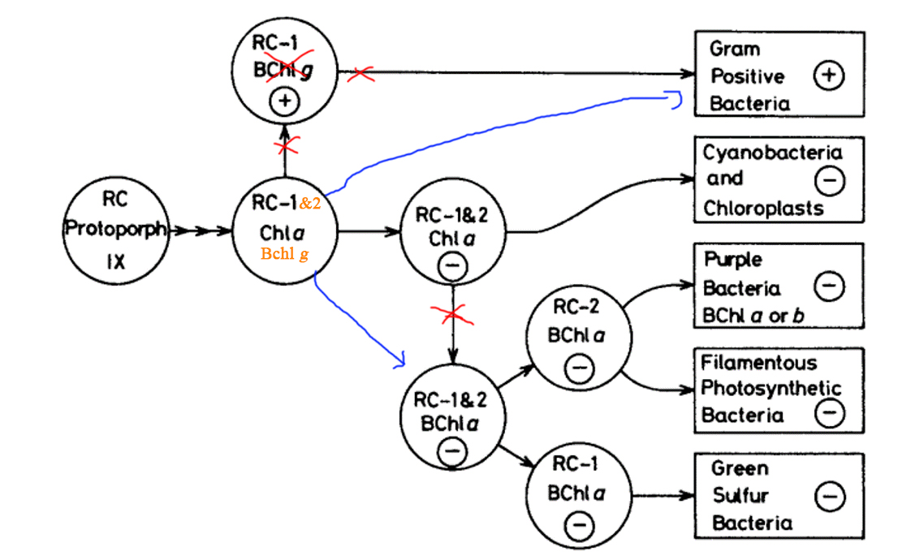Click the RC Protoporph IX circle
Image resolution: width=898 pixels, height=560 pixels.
115,230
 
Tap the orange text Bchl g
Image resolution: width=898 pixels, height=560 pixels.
284,254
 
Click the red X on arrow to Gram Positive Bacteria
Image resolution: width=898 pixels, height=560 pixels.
361,75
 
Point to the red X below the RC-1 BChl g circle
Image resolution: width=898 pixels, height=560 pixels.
286,147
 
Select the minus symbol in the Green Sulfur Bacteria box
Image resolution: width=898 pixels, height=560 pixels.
829,496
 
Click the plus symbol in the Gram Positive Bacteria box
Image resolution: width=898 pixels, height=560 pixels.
829,76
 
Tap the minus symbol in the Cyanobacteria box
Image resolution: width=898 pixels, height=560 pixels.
829,182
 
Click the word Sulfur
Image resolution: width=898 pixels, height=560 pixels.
740,495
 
